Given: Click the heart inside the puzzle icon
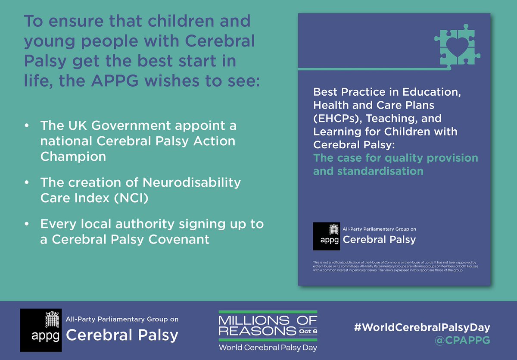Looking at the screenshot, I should (458, 44).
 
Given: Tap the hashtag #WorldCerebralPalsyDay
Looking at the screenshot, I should (422, 327).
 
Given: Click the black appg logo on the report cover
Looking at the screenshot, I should (327, 236).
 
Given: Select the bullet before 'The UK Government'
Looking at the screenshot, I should (27, 126).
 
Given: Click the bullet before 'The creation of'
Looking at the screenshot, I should (27, 182).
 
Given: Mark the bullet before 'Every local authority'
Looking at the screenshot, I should (27, 224).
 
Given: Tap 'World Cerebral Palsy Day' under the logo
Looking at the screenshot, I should (268, 347).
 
